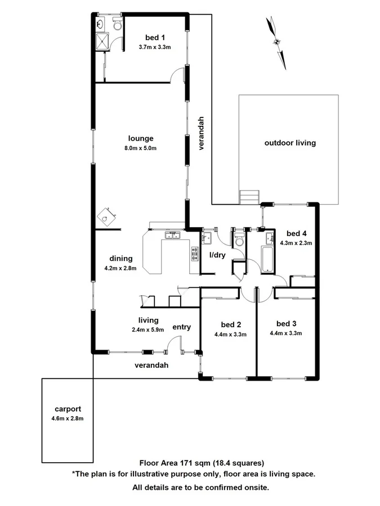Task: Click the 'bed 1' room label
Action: (154, 37)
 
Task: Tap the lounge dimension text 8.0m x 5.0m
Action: (140, 148)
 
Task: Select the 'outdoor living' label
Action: (290, 143)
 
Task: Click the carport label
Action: (66, 409)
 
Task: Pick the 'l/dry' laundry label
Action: (217, 255)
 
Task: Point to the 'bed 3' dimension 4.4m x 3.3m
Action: (286, 333)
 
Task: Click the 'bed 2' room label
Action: (231, 324)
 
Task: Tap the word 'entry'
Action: (181, 327)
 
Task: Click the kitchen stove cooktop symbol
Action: (195, 254)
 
